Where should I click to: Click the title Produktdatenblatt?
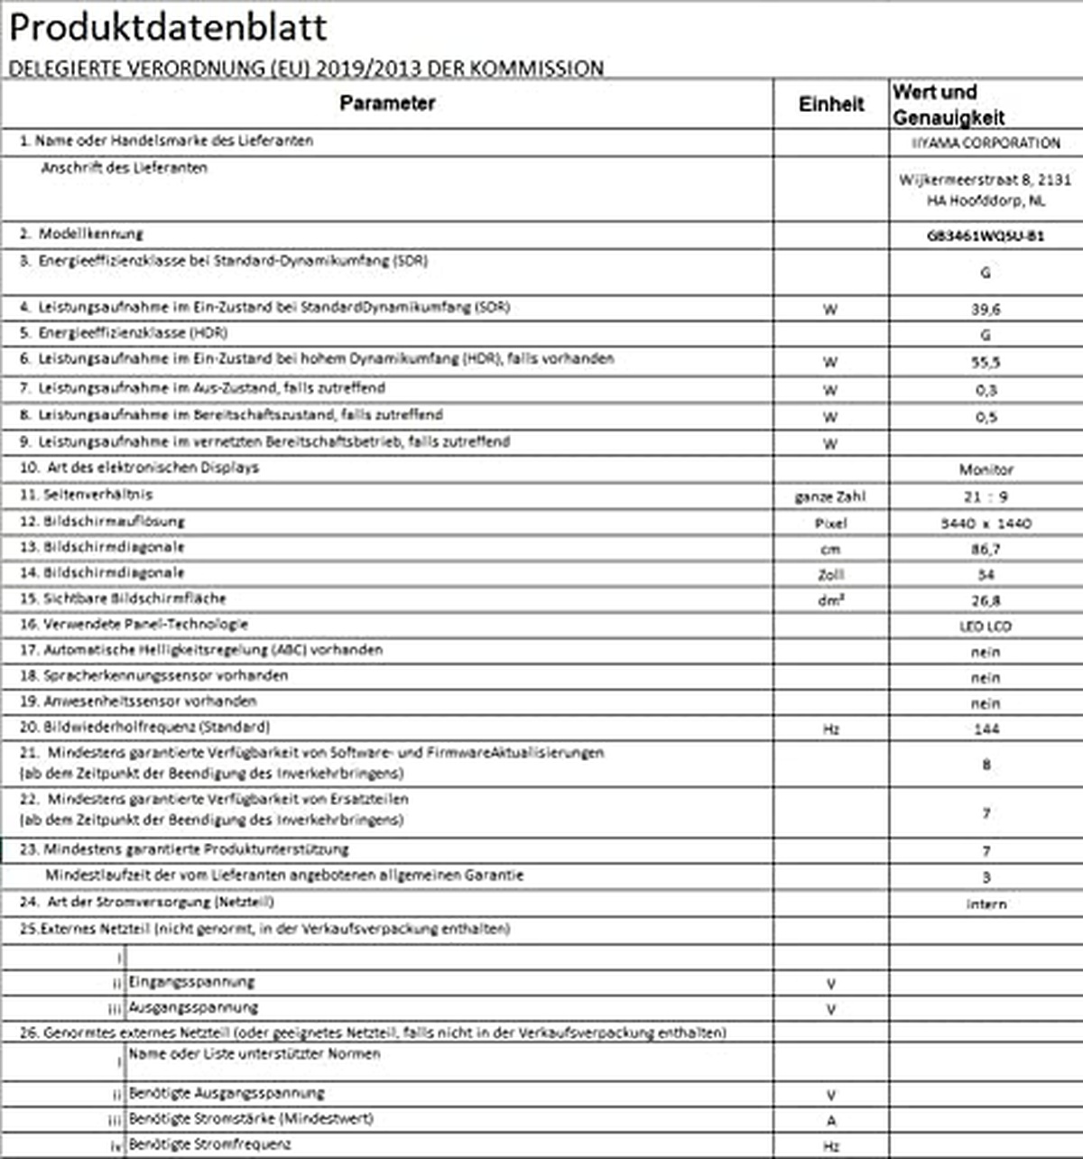(x=168, y=27)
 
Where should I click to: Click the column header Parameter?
(x=387, y=104)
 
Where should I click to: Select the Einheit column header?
(x=831, y=105)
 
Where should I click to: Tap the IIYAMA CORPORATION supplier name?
(x=986, y=144)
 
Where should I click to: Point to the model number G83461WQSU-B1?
(x=986, y=236)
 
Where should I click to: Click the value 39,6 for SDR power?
(x=986, y=309)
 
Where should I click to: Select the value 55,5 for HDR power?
(x=986, y=362)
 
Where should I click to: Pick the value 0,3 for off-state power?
(x=986, y=390)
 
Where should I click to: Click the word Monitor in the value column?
(x=986, y=469)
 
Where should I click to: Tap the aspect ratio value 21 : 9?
(x=986, y=496)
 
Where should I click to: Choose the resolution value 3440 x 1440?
(x=986, y=524)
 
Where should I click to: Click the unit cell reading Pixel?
(x=830, y=524)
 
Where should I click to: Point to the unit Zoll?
(x=830, y=575)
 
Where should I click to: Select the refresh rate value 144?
(x=986, y=728)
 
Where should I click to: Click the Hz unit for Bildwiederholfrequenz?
(x=831, y=728)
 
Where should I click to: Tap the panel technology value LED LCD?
(x=986, y=626)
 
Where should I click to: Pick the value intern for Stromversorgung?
(x=986, y=904)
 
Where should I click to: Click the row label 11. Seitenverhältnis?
(x=87, y=495)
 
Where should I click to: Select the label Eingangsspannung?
(x=191, y=982)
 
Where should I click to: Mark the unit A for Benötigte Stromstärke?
(x=831, y=1120)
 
